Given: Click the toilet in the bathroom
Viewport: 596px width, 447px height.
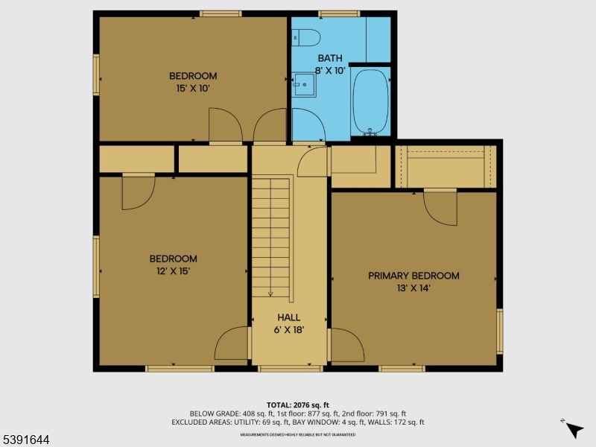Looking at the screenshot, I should tap(305, 37).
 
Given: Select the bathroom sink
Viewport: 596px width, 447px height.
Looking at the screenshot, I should tap(303, 85).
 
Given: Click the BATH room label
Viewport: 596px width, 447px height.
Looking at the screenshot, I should tap(330, 58).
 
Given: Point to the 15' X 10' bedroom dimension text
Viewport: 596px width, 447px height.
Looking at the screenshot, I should tap(192, 88).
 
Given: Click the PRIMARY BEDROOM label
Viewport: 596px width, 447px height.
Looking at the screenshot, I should tap(413, 276).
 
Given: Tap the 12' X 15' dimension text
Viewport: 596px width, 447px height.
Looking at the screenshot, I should tap(173, 271).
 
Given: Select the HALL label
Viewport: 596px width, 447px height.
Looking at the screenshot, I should tap(288, 317).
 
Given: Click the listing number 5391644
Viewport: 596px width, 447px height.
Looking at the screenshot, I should tap(25, 440).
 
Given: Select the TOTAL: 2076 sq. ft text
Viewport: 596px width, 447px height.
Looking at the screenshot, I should tap(298, 405).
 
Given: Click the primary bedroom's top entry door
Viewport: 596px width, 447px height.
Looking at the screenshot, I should tap(440, 205).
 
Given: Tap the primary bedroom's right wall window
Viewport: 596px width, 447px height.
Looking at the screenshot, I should tap(500, 331).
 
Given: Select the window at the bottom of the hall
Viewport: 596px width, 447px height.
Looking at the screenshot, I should tap(290, 368).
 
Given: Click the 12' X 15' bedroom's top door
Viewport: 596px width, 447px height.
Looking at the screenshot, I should tap(138, 189).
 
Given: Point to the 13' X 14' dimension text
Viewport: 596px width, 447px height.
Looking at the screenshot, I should tap(413, 288).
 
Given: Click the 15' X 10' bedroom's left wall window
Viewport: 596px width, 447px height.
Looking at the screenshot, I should tap(95, 74).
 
